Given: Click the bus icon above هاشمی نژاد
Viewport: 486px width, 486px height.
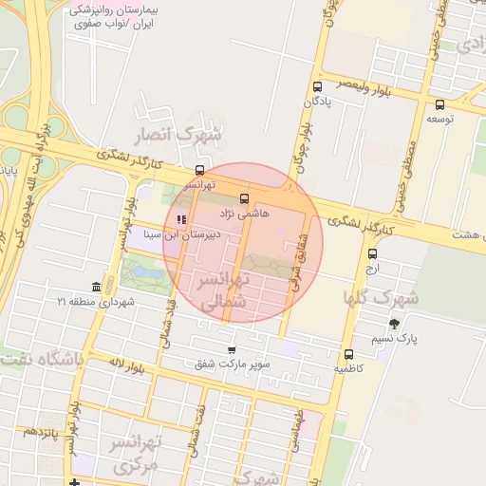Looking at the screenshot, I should (245, 199).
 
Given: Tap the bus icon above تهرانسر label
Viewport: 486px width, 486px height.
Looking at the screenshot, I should (198, 170).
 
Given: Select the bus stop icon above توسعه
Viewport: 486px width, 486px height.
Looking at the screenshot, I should (439, 104).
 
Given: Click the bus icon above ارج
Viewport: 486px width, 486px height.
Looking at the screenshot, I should (372, 253).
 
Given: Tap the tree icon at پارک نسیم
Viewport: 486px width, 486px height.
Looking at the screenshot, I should (394, 324).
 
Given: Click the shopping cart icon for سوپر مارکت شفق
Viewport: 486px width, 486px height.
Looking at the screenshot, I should (232, 350).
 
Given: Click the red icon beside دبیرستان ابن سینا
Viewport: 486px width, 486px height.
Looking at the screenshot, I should (181, 220).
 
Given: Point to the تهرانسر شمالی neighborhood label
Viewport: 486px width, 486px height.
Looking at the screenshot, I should (225, 290).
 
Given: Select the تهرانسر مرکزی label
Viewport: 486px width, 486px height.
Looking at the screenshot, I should (139, 455).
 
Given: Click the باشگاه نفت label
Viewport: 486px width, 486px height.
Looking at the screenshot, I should (42, 360).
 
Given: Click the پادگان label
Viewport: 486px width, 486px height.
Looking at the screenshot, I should (315, 102).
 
